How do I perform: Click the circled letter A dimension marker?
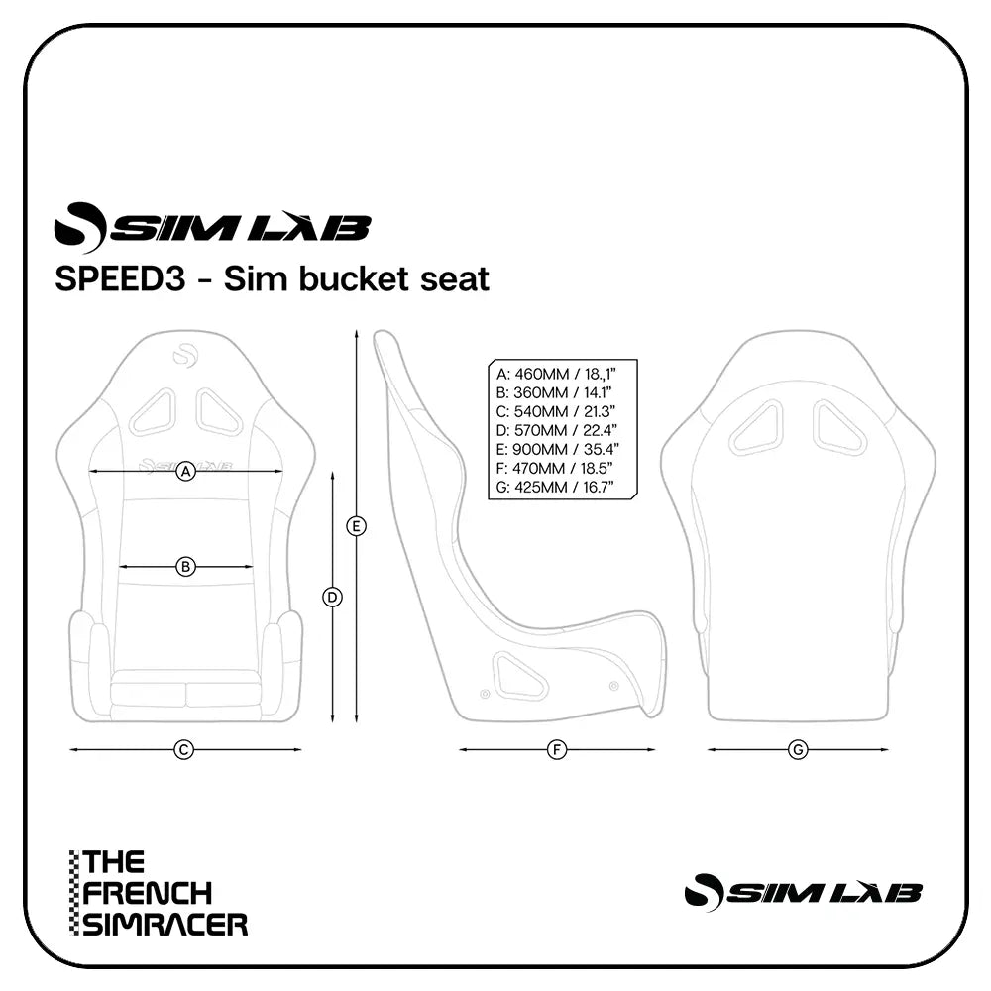185,473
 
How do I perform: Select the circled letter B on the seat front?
185,567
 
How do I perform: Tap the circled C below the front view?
183,750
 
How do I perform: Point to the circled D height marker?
333,597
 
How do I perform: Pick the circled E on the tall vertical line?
357,526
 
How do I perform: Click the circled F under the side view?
557,750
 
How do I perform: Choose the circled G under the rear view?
798,750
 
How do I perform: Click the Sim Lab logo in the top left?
212,227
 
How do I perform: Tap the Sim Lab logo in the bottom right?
803,892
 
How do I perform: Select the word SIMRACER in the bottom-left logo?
165,925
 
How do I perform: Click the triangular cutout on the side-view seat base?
518,677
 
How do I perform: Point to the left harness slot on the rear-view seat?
757,427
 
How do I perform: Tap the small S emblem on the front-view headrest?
185,354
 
